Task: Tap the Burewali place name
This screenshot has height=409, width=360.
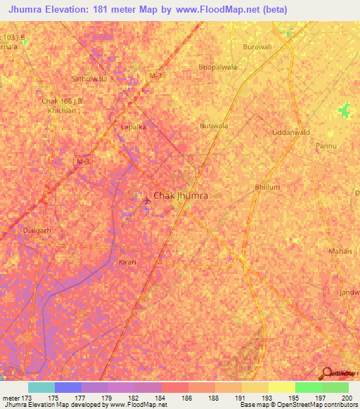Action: tap(256, 48)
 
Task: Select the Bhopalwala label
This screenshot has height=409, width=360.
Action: tap(217, 67)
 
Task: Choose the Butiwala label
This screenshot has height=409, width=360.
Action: tap(214, 126)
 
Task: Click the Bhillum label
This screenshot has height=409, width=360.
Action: tap(267, 188)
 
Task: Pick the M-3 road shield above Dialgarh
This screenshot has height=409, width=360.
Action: tap(83, 162)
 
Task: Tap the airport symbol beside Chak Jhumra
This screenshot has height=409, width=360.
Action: tap(146, 202)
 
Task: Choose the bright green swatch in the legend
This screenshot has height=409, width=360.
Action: tap(308, 387)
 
